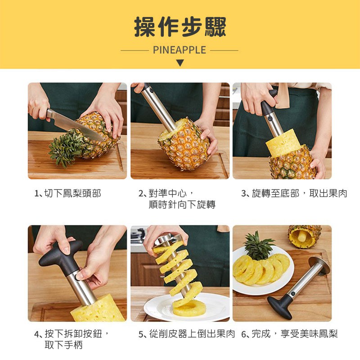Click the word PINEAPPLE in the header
(x=179, y=50)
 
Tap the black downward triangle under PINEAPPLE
(x=180, y=63)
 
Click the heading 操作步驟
(x=180, y=27)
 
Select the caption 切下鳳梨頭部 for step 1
(x=72, y=193)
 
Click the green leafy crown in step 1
(x=65, y=147)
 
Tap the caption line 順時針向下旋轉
(x=182, y=205)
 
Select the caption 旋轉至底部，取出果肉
(x=299, y=193)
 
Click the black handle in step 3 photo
(x=268, y=103)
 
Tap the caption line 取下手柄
(x=63, y=345)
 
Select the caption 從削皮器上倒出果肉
(x=192, y=333)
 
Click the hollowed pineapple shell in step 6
(x=305, y=237)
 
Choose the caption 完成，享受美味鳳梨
(x=295, y=333)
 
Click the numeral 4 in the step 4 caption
(x=36, y=334)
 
